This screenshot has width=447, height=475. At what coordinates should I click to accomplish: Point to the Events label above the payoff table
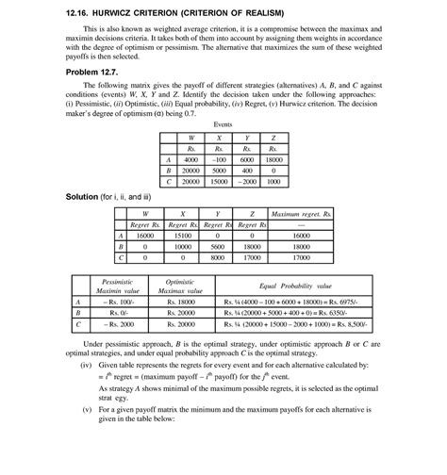point(223,123)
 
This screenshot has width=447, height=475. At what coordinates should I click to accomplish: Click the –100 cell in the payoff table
point(219,159)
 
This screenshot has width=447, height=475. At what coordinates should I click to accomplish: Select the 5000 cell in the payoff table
point(219,171)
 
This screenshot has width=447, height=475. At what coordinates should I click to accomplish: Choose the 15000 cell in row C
point(219,182)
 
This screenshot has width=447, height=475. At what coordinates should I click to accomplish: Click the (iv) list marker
point(86,363)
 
